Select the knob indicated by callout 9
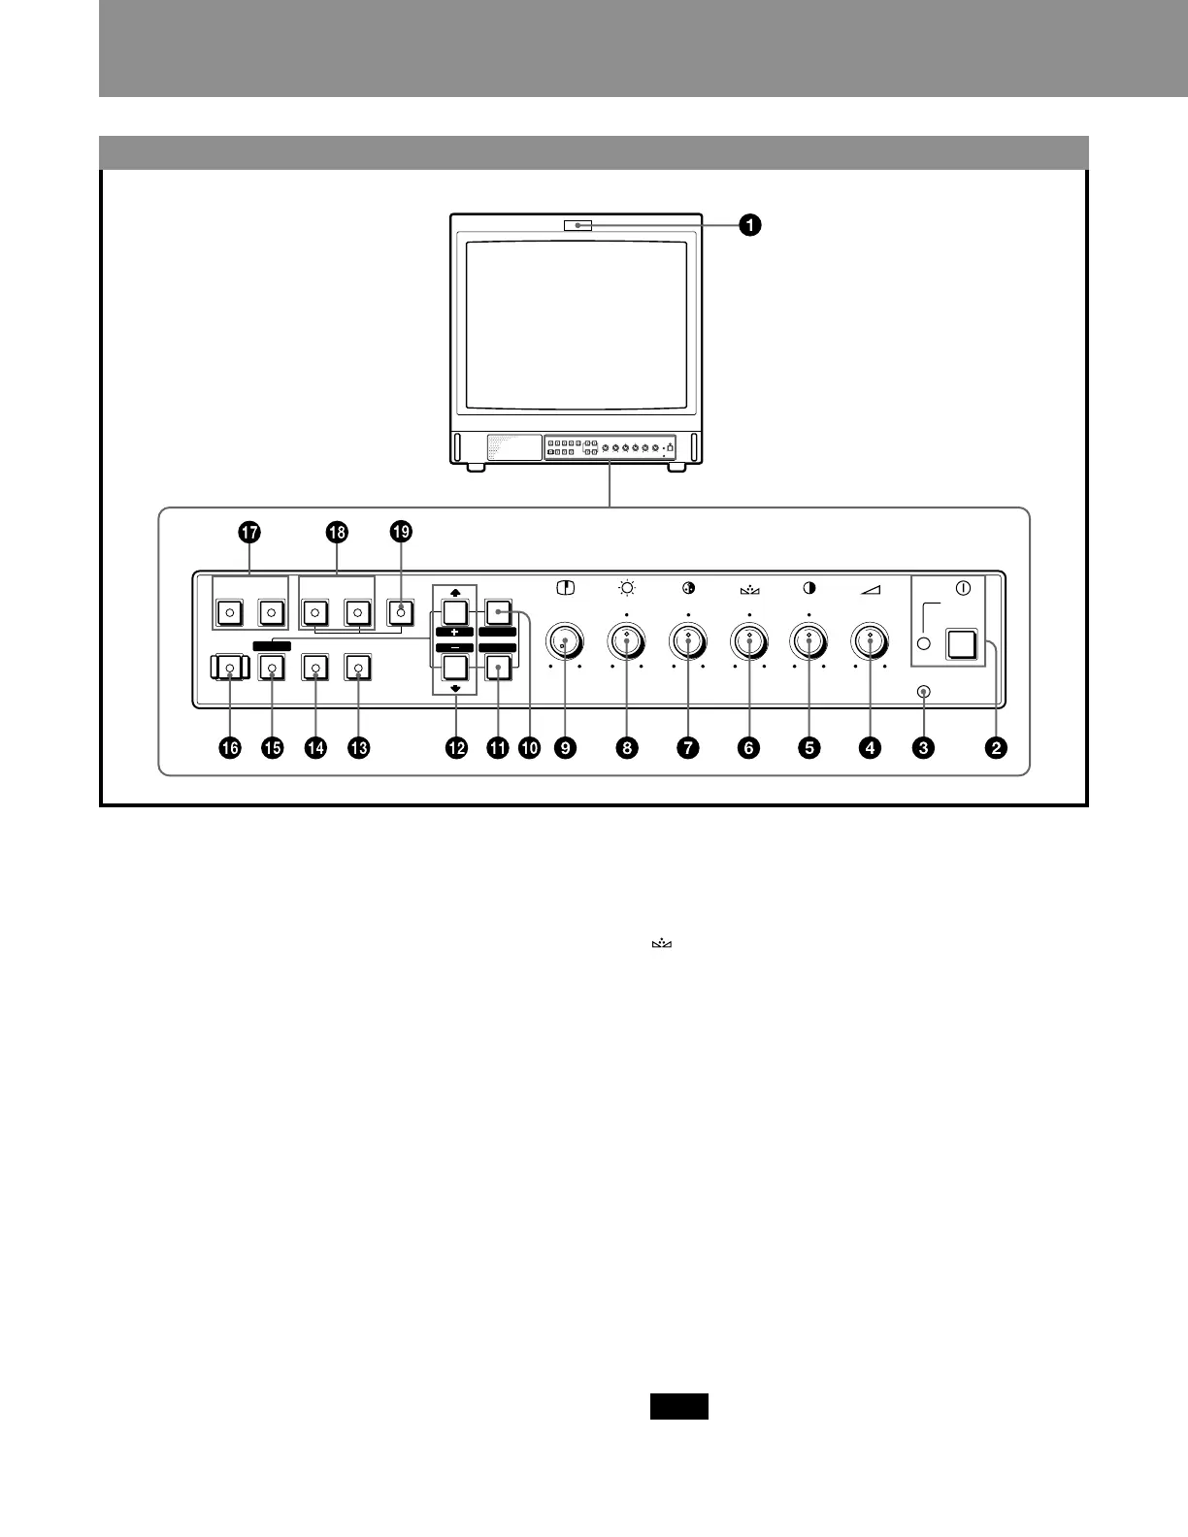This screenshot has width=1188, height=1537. pos(563,640)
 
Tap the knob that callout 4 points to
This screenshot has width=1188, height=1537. pos(870,640)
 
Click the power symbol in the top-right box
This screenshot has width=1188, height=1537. pos(962,588)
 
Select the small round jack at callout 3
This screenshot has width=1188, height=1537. pos(923,692)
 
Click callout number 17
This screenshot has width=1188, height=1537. pos(249,532)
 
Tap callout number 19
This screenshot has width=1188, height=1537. pos(401,532)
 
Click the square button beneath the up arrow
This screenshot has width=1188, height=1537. pos(454,612)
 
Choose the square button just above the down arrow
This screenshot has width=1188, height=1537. pos(454,668)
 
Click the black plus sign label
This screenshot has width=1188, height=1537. pos(454,633)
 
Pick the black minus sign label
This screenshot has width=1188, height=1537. pos(454,647)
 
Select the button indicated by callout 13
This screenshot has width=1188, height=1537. pos(359,668)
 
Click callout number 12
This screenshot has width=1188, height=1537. pos(455,747)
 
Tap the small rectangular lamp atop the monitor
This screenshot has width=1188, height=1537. pos(577,226)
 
